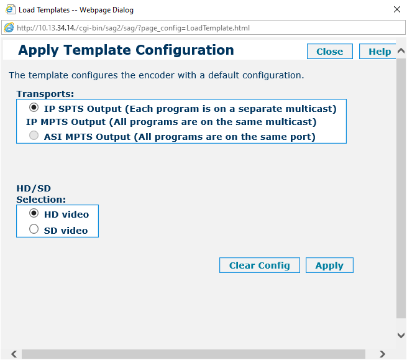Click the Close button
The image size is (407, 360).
click(330, 52)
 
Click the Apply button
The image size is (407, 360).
click(329, 265)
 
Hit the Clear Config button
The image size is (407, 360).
click(260, 265)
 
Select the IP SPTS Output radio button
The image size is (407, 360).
click(34, 108)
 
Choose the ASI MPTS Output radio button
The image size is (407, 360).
click(34, 136)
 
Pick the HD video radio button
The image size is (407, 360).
click(34, 213)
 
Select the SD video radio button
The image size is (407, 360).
click(34, 229)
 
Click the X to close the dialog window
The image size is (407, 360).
click(397, 9)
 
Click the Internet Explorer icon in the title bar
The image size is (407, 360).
click(10, 9)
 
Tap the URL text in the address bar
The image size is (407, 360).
click(133, 28)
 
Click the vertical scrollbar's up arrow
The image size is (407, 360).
click(401, 50)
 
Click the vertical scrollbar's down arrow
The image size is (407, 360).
click(401, 335)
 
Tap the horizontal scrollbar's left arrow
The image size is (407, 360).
click(14, 354)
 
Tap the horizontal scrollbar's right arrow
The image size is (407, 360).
click(382, 354)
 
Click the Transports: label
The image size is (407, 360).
click(45, 94)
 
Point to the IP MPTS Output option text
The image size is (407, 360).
click(171, 122)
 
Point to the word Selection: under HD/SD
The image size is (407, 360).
click(41, 200)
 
